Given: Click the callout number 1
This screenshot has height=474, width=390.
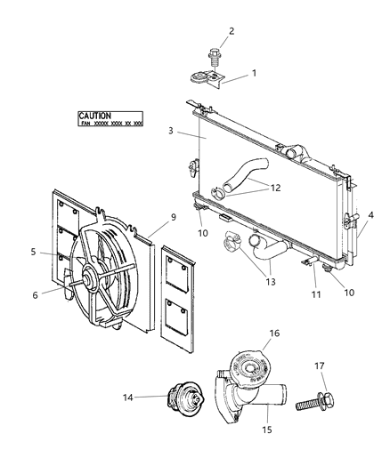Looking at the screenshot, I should (254, 73).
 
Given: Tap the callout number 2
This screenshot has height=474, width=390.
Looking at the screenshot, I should (231, 32).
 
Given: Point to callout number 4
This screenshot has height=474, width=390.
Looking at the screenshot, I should (371, 214).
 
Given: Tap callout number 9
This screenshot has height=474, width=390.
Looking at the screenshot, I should (173, 217).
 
